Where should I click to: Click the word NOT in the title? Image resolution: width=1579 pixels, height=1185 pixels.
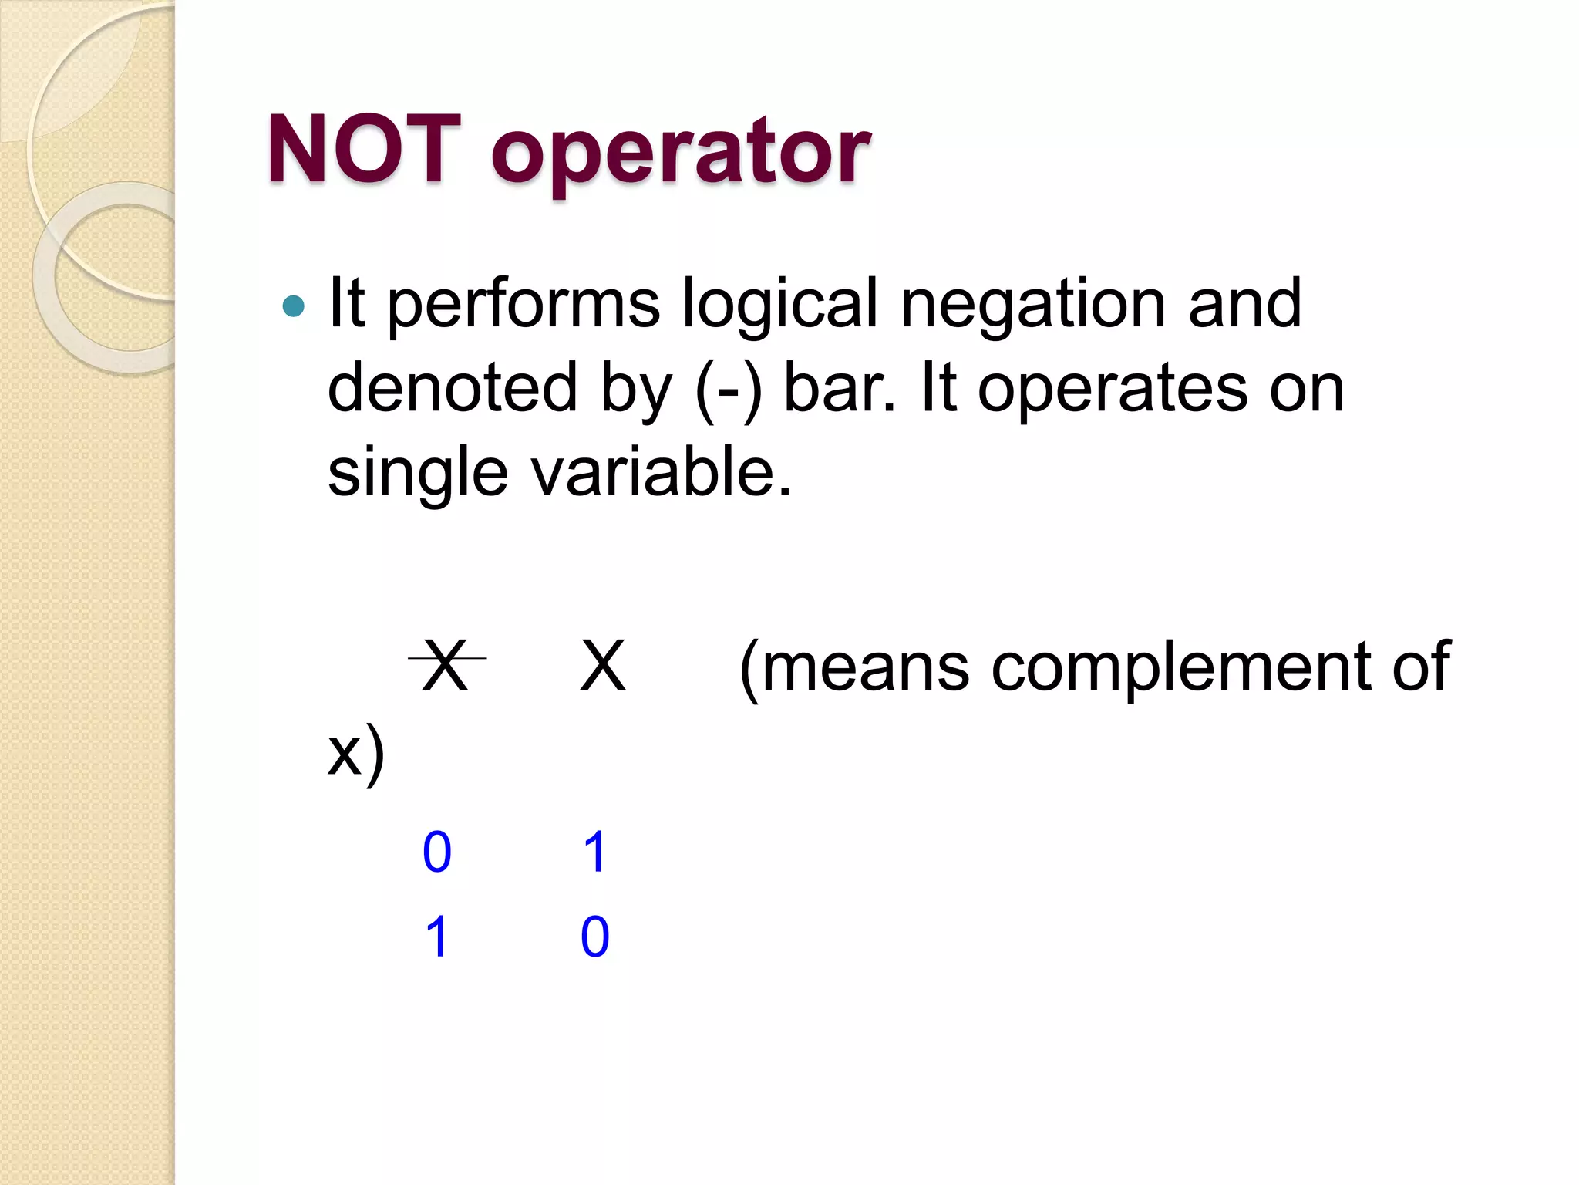tap(364, 149)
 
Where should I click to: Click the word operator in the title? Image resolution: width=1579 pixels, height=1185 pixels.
tap(681, 153)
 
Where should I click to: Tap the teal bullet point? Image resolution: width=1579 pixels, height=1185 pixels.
tap(294, 306)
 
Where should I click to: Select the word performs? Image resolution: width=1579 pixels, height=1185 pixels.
tap(524, 304)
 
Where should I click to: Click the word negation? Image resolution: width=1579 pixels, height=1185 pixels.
tap(1033, 304)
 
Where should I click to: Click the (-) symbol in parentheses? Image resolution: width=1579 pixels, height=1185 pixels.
tap(729, 389)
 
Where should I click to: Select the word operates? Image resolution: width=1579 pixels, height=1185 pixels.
tap(1113, 389)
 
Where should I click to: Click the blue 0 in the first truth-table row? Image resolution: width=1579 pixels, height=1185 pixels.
tap(437, 852)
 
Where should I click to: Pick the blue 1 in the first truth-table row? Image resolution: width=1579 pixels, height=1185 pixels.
tap(595, 852)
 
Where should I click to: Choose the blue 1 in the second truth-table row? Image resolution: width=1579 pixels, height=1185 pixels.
tap(437, 937)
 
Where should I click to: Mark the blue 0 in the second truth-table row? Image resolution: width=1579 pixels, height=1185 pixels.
tap(595, 937)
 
